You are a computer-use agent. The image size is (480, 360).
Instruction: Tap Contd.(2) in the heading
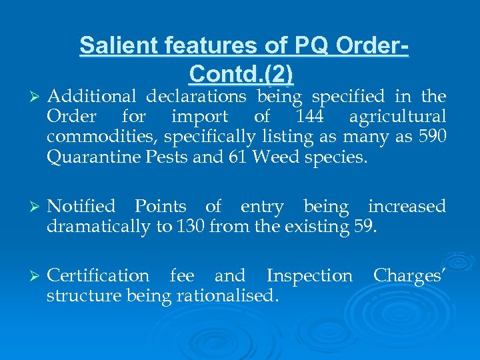pyautogui.click(x=241, y=73)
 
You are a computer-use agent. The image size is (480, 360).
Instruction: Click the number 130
pyautogui.click(x=189, y=227)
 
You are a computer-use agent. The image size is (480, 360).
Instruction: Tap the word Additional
pyautogui.click(x=91, y=97)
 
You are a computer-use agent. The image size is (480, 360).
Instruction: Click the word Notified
pyautogui.click(x=82, y=207)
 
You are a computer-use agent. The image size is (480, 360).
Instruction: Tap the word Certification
pyautogui.click(x=99, y=275)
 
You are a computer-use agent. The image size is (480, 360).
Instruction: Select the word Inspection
pyautogui.click(x=309, y=275)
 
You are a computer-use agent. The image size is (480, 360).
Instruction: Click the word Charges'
pyautogui.click(x=409, y=275)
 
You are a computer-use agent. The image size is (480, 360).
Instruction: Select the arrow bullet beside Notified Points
pyautogui.click(x=33, y=207)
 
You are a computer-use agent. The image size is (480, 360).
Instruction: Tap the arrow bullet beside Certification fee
pyautogui.click(x=33, y=276)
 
